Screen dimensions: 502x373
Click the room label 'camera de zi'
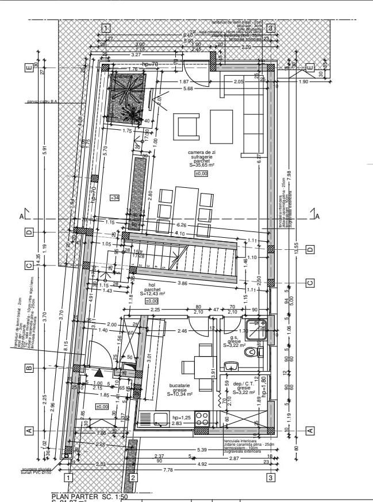(202, 152)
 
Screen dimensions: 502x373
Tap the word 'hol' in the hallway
(152, 285)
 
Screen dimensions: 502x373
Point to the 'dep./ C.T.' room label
(244, 384)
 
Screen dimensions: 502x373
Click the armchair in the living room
(188, 125)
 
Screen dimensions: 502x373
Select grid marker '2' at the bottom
(133, 477)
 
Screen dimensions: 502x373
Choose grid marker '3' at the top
(270, 27)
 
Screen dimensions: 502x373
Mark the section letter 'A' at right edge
(317, 217)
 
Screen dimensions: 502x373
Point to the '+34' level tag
(114, 198)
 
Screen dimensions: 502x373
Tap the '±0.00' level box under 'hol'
(151, 300)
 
